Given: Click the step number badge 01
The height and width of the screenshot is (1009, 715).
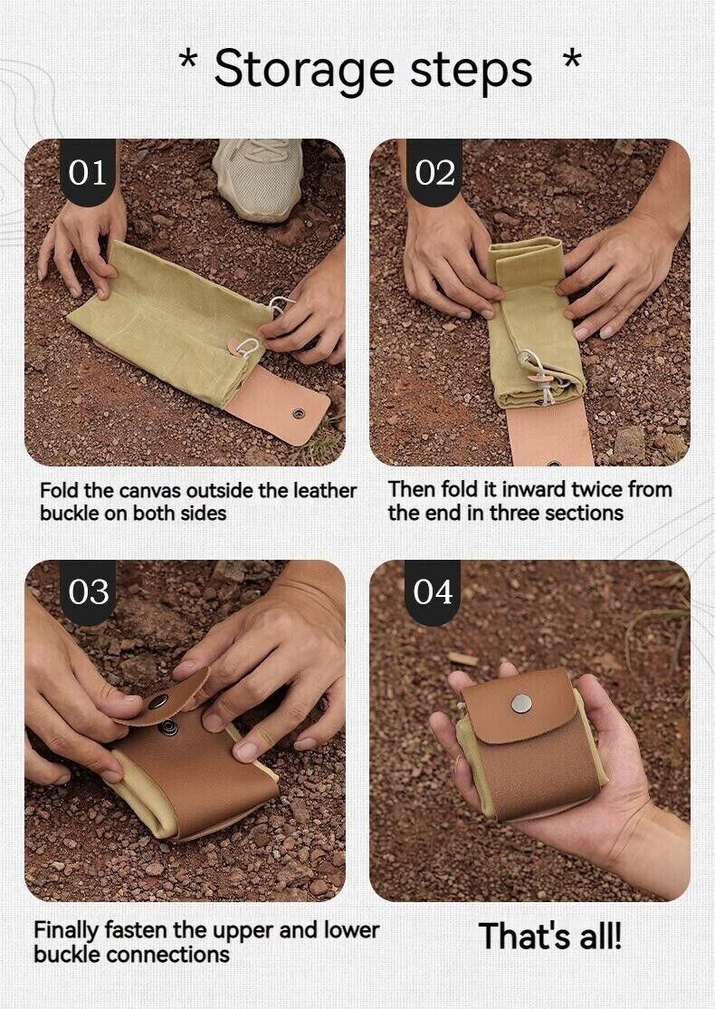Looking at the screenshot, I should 88,172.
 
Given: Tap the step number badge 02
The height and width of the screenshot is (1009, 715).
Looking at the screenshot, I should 434,172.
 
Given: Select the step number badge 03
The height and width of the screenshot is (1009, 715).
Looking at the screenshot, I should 88,591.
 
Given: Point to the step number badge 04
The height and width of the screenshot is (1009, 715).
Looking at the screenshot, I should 434,591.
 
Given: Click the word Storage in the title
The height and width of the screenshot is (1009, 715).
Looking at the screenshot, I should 304,70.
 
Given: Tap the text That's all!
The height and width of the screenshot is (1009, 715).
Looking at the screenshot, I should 550,936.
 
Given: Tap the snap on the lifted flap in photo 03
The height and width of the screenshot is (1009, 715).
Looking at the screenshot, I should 159,700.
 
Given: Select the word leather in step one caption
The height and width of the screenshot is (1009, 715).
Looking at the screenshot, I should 324,490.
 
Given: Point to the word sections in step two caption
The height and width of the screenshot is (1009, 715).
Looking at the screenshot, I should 583,513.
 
